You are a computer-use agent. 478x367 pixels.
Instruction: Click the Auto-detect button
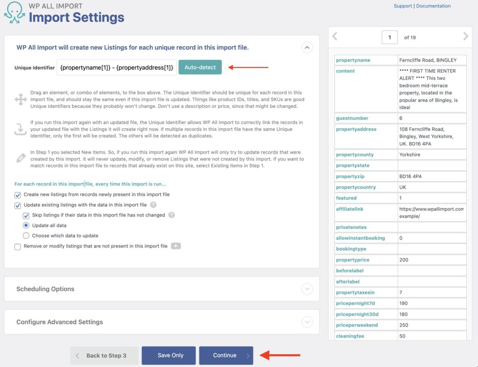(200, 67)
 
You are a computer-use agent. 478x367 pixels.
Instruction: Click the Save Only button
(170, 355)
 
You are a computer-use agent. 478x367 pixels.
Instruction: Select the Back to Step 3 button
(105, 355)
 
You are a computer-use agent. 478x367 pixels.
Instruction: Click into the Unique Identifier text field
(117, 67)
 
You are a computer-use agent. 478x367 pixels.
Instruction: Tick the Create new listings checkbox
(18, 195)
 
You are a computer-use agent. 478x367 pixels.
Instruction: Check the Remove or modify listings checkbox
(18, 247)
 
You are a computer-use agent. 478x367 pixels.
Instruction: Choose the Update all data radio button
(26, 226)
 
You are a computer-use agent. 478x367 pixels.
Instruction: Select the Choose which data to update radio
(26, 236)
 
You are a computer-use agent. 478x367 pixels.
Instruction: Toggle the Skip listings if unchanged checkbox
(26, 215)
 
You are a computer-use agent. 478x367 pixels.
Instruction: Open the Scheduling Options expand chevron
(307, 289)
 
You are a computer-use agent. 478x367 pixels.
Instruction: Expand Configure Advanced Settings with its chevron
(307, 322)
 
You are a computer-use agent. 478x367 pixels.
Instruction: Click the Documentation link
(433, 6)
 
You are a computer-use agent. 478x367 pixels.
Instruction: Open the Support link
(402, 6)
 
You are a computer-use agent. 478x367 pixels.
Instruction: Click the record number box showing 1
(389, 37)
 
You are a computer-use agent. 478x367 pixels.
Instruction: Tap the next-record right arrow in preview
(465, 36)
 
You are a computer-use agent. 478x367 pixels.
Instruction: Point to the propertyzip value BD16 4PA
(410, 176)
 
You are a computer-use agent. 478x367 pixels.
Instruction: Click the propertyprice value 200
(404, 260)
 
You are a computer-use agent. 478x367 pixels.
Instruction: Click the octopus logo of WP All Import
(14, 13)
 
